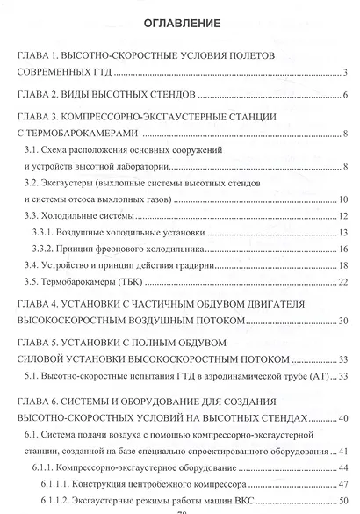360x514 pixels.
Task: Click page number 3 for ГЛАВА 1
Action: click(x=348, y=72)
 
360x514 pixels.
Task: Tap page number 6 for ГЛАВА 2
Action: click(x=348, y=95)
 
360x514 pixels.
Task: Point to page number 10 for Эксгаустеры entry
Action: click(x=345, y=199)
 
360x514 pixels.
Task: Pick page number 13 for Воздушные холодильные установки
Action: click(x=345, y=233)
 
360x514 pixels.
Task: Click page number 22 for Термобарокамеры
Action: click(x=345, y=282)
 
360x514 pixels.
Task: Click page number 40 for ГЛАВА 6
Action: click(x=345, y=419)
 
